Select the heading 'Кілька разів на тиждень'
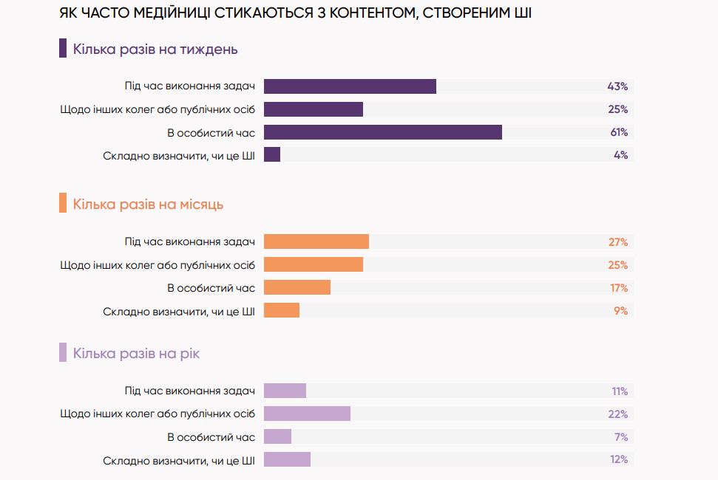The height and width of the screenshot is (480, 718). pos(155,50)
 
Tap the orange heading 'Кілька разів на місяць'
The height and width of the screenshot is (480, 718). pos(148,204)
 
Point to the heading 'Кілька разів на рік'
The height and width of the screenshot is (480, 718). pos(136,354)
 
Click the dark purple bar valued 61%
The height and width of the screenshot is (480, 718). pos(382,132)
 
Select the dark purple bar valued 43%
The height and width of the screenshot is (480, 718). pos(350,86)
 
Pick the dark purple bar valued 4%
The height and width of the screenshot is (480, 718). pos(272,155)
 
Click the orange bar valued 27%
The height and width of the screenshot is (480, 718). pos(316,242)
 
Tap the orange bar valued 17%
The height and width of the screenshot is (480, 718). pos(297,288)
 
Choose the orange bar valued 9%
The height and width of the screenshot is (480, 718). pos(281,311)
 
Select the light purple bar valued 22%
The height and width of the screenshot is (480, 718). pos(307,414)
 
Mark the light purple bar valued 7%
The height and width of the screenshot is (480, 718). pos(277,437)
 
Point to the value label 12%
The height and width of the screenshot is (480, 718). pos(619,459)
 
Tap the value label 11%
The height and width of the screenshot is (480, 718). pos(619,391)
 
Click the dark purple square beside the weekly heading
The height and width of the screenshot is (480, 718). pos(63,49)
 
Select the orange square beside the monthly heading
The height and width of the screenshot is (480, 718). pos(63,203)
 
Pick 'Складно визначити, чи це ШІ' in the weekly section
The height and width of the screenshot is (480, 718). pos(179,155)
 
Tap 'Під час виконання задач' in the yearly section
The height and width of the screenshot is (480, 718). pos(190,391)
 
